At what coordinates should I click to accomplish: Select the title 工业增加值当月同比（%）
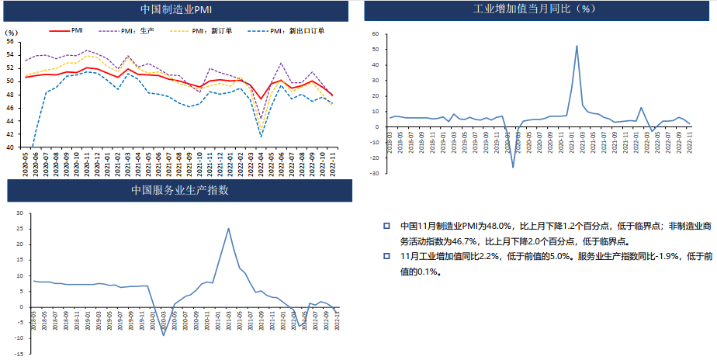(534, 10)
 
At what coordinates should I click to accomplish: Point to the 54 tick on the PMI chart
(11, 54)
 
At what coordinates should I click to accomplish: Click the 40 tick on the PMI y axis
(11, 147)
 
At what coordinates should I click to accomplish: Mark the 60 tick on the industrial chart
(374, 34)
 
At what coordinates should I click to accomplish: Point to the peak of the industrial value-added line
(577, 46)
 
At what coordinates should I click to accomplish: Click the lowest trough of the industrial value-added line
(513, 167)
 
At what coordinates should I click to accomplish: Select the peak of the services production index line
(228, 228)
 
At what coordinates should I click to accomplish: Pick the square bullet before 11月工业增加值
(386, 256)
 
